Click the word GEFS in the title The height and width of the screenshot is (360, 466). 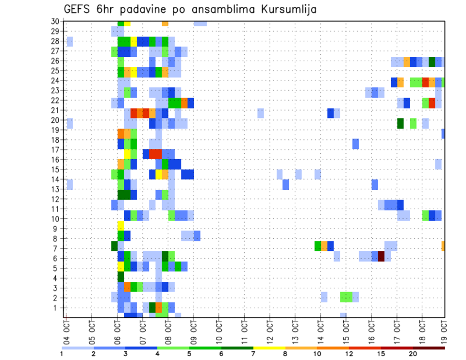point(79,9)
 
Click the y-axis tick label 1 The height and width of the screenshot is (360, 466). point(57,308)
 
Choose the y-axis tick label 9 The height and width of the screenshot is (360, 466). point(57,229)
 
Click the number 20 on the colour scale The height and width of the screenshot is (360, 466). point(413,354)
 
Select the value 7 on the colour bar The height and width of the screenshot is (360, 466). point(253,354)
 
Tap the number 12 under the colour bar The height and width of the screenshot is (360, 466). point(349,354)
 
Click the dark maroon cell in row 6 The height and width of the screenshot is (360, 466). point(381,256)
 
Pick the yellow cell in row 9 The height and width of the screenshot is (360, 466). point(121,226)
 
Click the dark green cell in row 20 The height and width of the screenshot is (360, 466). point(400,123)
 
